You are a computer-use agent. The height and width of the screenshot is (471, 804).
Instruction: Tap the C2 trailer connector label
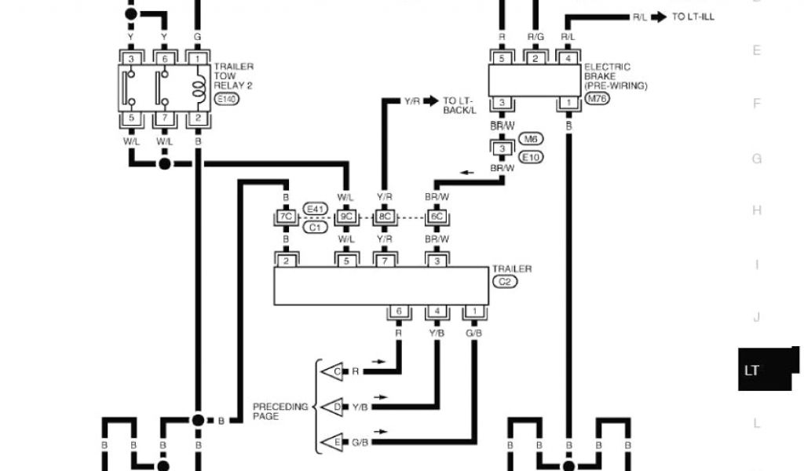503,280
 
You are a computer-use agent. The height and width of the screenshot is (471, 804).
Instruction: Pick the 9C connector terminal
346,217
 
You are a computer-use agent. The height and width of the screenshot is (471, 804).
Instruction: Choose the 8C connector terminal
384,217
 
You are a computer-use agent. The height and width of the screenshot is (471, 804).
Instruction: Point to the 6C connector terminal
437,217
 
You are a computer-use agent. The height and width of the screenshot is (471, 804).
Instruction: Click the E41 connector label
314,208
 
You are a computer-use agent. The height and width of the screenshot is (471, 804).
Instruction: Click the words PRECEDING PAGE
280,411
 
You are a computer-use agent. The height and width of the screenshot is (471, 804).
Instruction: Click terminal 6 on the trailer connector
400,312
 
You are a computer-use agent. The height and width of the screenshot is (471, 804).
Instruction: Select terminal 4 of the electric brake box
568,57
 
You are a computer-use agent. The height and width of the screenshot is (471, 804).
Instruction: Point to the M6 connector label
532,139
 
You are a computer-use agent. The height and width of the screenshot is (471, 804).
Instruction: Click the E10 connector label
532,157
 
